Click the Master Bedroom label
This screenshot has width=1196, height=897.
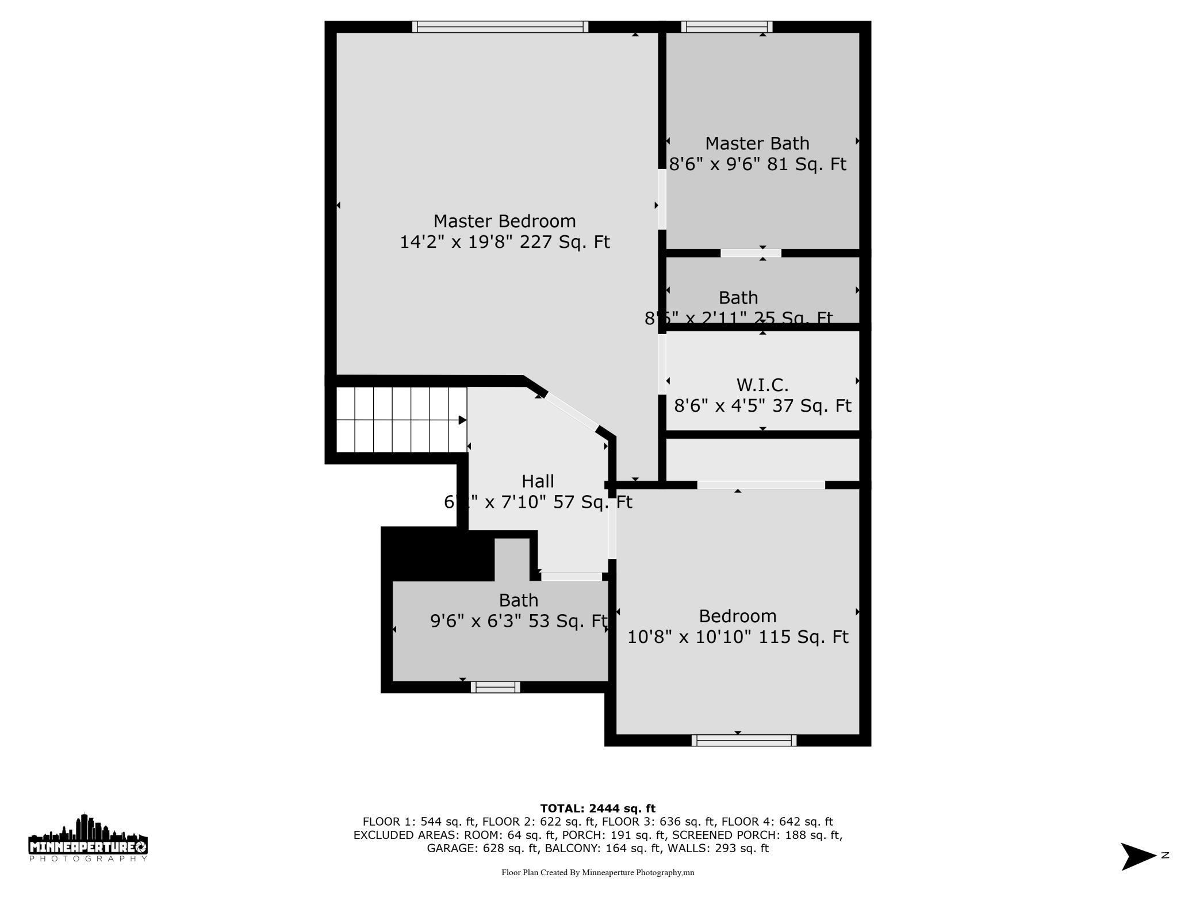pos(504,221)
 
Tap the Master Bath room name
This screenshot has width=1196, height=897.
pos(757,143)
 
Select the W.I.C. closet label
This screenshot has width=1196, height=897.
pos(762,385)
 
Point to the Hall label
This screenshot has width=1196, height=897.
pos(538,481)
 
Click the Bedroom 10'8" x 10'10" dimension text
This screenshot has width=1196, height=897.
pos(737,637)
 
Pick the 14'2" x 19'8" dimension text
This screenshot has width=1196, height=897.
pos(504,242)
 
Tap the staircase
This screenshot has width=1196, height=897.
pos(401,420)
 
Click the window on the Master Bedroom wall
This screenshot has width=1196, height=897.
pos(500,26)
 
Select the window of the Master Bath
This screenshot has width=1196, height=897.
pos(727,26)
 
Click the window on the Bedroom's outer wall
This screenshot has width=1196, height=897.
pos(744,741)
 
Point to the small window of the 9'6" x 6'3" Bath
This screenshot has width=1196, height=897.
pos(495,687)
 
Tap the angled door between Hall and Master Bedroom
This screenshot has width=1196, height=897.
pos(571,411)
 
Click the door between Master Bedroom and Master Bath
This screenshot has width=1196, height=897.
pos(662,199)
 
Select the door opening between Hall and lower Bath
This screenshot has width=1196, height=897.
pos(571,576)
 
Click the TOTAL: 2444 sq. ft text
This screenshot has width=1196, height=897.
pos(597,808)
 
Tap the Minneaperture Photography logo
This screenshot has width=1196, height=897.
pos(88,838)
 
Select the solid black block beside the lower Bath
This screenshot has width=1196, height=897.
pos(438,554)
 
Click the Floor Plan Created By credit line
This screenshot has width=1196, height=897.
pos(597,872)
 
